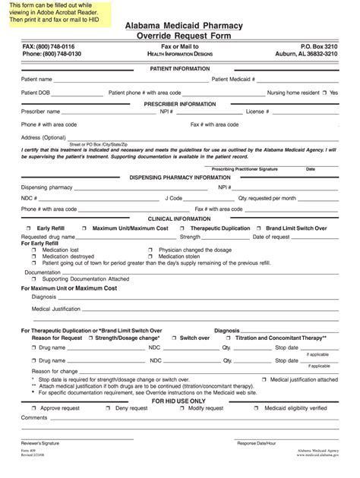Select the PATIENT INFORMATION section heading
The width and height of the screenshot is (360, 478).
pyautogui.click(x=180, y=68)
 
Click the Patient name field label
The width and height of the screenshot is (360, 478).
pyautogui.click(x=36, y=79)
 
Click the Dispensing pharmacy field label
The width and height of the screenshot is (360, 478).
pyautogui.click(x=46, y=187)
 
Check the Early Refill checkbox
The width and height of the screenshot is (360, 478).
pyautogui.click(x=29, y=228)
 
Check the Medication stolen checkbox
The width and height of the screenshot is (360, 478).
pyautogui.click(x=150, y=256)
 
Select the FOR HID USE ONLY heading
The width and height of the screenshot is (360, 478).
pyautogui.click(x=179, y=401)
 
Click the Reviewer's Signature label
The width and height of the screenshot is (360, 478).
pyautogui.click(x=40, y=442)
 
